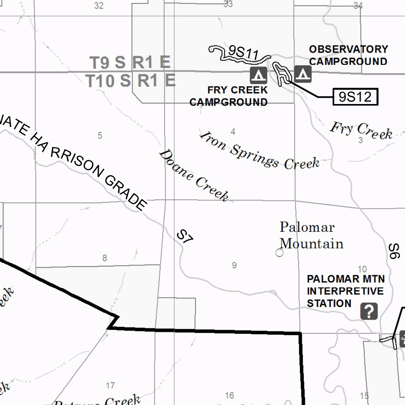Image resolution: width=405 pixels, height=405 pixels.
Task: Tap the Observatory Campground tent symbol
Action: [303, 74]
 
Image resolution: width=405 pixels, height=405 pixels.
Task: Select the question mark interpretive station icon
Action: [369, 312]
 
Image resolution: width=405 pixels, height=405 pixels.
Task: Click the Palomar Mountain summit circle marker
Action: [280, 253]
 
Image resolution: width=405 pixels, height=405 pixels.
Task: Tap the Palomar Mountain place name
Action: [311, 235]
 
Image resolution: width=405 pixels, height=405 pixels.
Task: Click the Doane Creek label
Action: [193, 175]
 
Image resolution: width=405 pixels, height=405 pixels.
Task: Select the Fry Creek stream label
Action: [361, 130]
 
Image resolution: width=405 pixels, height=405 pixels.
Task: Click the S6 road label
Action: [394, 251]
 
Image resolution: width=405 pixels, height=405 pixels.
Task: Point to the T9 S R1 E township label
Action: [130, 62]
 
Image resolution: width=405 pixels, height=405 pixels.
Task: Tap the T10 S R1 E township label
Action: [131, 81]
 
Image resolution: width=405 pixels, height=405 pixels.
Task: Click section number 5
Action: [100, 136]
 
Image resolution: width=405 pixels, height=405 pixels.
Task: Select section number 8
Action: [104, 258]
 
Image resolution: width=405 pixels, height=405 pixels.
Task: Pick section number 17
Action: [111, 385]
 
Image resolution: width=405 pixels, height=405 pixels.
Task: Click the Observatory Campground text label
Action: [348, 55]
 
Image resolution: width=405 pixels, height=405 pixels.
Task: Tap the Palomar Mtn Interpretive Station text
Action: [345, 291]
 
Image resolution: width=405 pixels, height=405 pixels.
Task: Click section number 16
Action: [229, 395]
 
